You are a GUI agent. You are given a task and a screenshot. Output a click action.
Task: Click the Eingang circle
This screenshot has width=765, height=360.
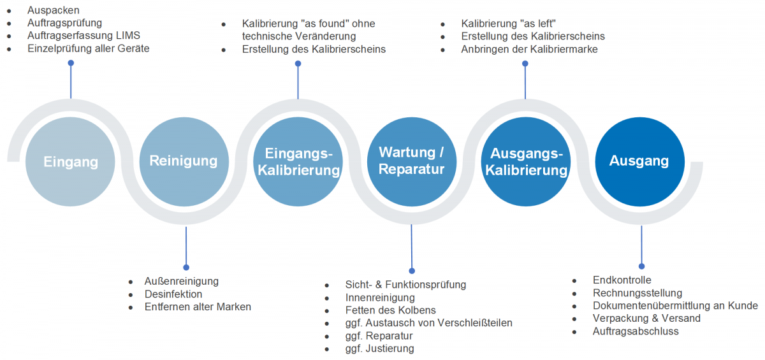(71, 162)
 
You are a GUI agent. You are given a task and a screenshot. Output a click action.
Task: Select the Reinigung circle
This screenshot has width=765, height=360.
(184, 162)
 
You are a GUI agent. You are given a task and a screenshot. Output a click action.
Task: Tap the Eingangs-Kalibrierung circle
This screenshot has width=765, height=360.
(298, 162)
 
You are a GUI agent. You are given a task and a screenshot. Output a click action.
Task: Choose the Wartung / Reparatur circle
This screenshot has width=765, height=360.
(411, 162)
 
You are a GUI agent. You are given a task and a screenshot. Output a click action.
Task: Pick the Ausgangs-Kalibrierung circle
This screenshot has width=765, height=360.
(526, 162)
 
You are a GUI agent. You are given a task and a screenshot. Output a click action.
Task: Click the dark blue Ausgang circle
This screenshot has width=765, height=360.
(639, 162)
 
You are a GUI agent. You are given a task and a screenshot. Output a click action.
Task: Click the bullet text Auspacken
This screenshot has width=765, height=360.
(54, 10)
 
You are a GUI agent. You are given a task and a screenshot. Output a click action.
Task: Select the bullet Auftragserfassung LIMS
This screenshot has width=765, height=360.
(84, 35)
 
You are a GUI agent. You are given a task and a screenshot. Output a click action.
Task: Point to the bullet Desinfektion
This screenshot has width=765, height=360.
(173, 294)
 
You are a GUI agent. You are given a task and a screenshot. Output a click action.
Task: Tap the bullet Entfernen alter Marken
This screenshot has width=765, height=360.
(198, 306)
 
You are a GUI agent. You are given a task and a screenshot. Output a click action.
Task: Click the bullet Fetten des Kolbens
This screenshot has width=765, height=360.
(390, 310)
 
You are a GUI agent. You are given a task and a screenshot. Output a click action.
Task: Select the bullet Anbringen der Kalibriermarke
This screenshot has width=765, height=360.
(529, 49)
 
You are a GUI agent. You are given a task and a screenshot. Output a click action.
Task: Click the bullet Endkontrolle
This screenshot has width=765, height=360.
(622, 280)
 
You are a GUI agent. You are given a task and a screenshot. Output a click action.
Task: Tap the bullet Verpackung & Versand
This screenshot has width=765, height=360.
(646, 319)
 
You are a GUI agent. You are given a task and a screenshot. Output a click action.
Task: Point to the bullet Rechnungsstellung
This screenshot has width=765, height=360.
(637, 293)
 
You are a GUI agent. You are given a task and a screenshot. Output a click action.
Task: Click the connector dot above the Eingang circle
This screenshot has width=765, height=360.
(71, 63)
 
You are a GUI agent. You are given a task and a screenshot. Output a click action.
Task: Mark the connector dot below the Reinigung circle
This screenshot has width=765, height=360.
(186, 268)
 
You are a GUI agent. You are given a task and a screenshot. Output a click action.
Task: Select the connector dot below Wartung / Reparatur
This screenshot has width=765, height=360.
(412, 271)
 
